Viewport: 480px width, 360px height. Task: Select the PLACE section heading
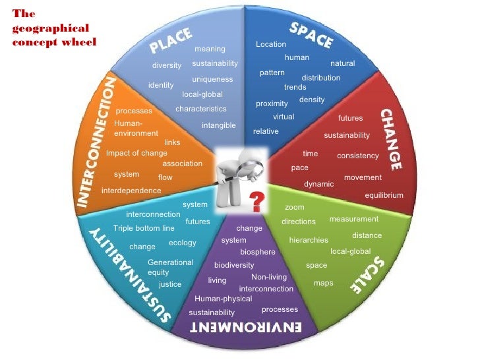tap(170, 41)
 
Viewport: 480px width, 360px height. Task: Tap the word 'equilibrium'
tap(384, 195)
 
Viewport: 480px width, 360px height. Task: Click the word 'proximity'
tap(272, 104)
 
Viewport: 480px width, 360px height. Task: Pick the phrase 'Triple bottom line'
tap(144, 228)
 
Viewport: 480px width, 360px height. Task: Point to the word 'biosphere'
tap(258, 252)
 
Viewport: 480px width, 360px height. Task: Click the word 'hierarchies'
tap(309, 240)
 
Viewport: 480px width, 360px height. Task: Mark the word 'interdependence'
tap(131, 191)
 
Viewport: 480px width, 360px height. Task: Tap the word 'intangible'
tap(219, 125)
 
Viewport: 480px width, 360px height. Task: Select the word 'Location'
tap(271, 44)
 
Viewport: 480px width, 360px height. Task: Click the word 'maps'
tap(324, 283)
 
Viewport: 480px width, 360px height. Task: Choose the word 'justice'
tap(170, 284)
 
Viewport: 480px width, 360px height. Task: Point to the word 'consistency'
tap(358, 156)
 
